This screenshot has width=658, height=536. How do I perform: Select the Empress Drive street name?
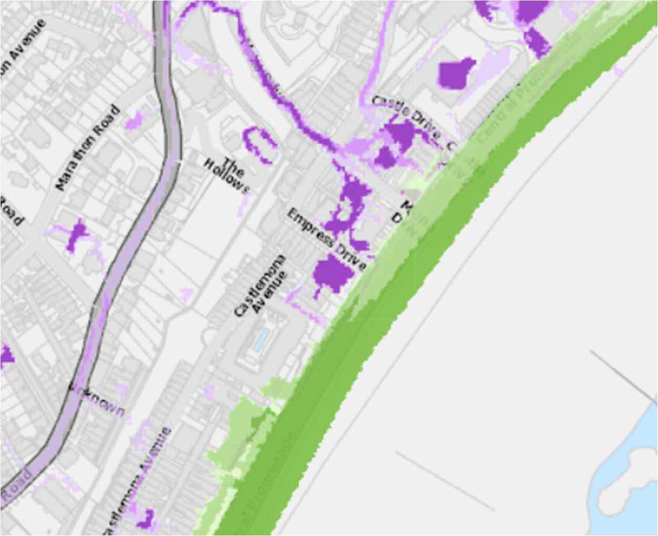pyautogui.click(x=326, y=238)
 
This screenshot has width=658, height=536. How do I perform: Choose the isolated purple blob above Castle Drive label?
pyautogui.click(x=455, y=72)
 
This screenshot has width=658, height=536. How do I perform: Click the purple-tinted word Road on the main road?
pyautogui.click(x=16, y=487)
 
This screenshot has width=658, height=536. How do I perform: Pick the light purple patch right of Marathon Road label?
pyautogui.click(x=135, y=120)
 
